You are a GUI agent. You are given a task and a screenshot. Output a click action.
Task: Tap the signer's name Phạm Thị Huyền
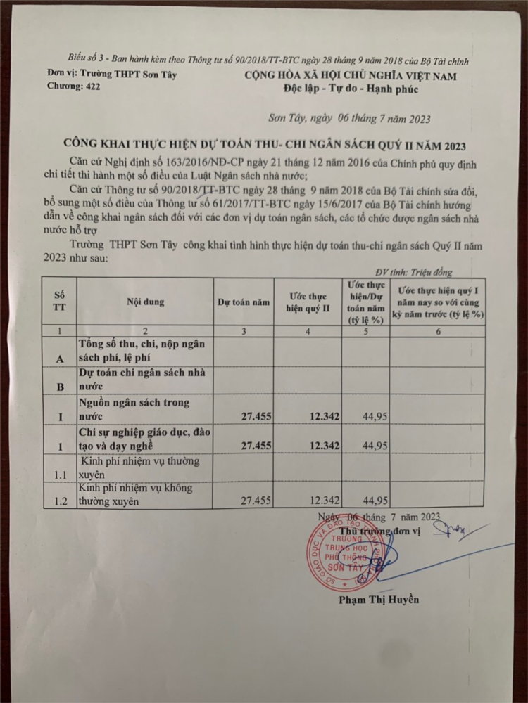point(378,600)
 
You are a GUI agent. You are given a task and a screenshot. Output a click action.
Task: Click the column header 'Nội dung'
point(146,302)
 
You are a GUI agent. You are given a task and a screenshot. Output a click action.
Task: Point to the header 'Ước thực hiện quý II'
point(308,302)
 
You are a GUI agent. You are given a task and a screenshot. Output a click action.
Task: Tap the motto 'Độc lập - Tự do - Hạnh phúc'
point(351,89)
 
